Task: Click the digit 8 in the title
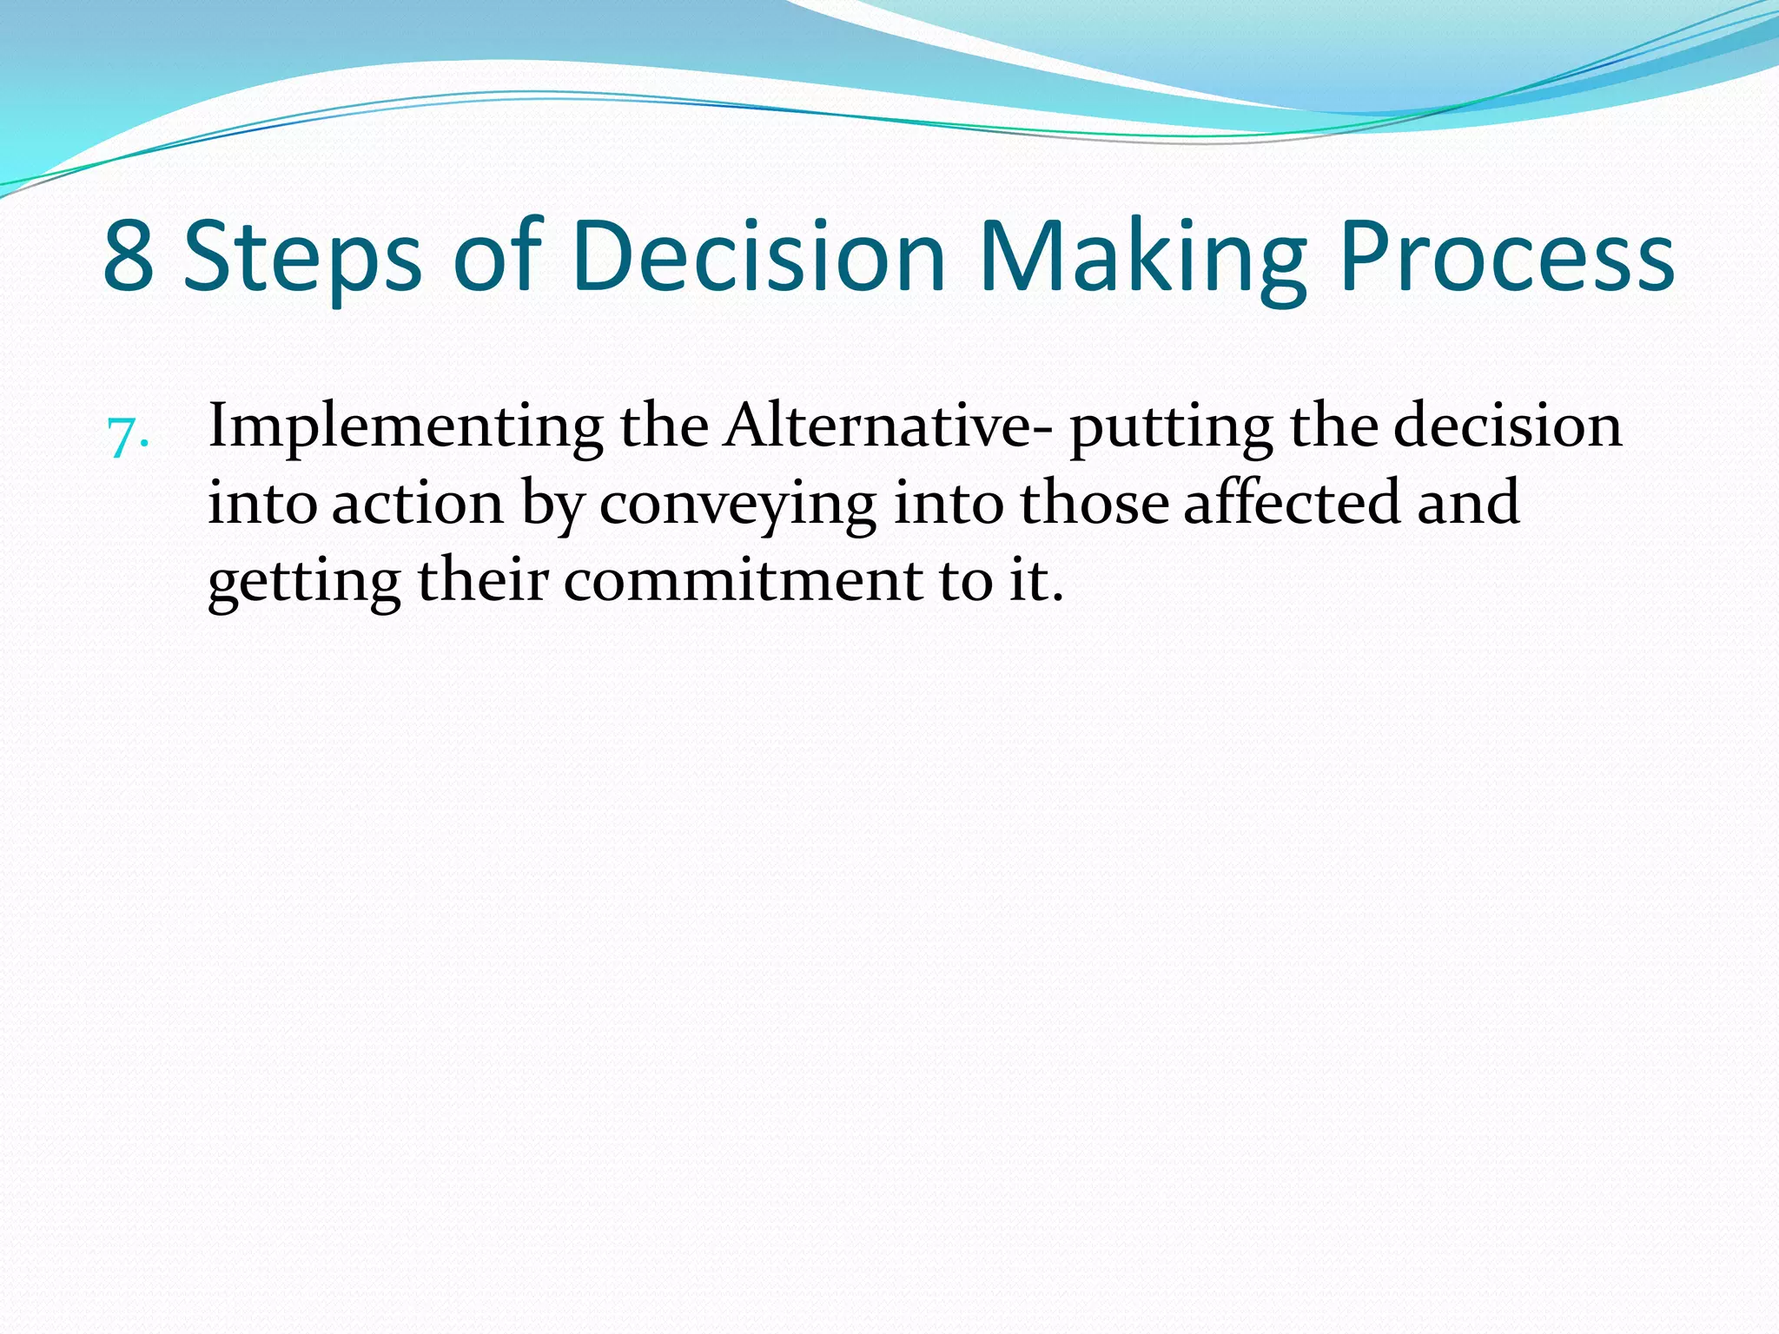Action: coord(129,257)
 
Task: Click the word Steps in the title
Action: coord(302,257)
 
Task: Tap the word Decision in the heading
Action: coord(758,257)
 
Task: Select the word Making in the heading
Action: coord(1142,257)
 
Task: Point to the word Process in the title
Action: coord(1506,257)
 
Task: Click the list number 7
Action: coord(127,437)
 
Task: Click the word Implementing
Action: coord(406,427)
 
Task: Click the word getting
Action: coord(303,582)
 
